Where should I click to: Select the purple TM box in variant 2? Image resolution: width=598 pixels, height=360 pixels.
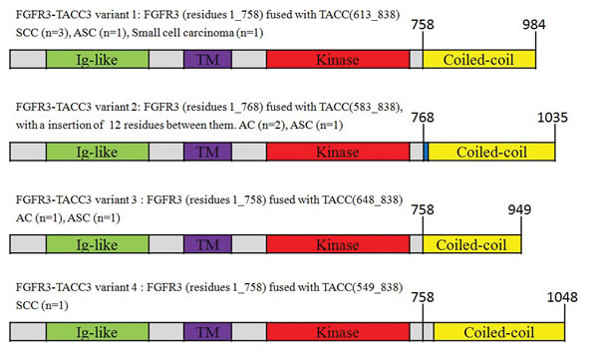click(207, 152)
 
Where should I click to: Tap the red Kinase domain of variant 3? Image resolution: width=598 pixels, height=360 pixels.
click(337, 244)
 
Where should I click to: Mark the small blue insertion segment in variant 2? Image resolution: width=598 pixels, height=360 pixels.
click(426, 152)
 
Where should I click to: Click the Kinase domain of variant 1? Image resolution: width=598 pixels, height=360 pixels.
click(337, 58)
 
